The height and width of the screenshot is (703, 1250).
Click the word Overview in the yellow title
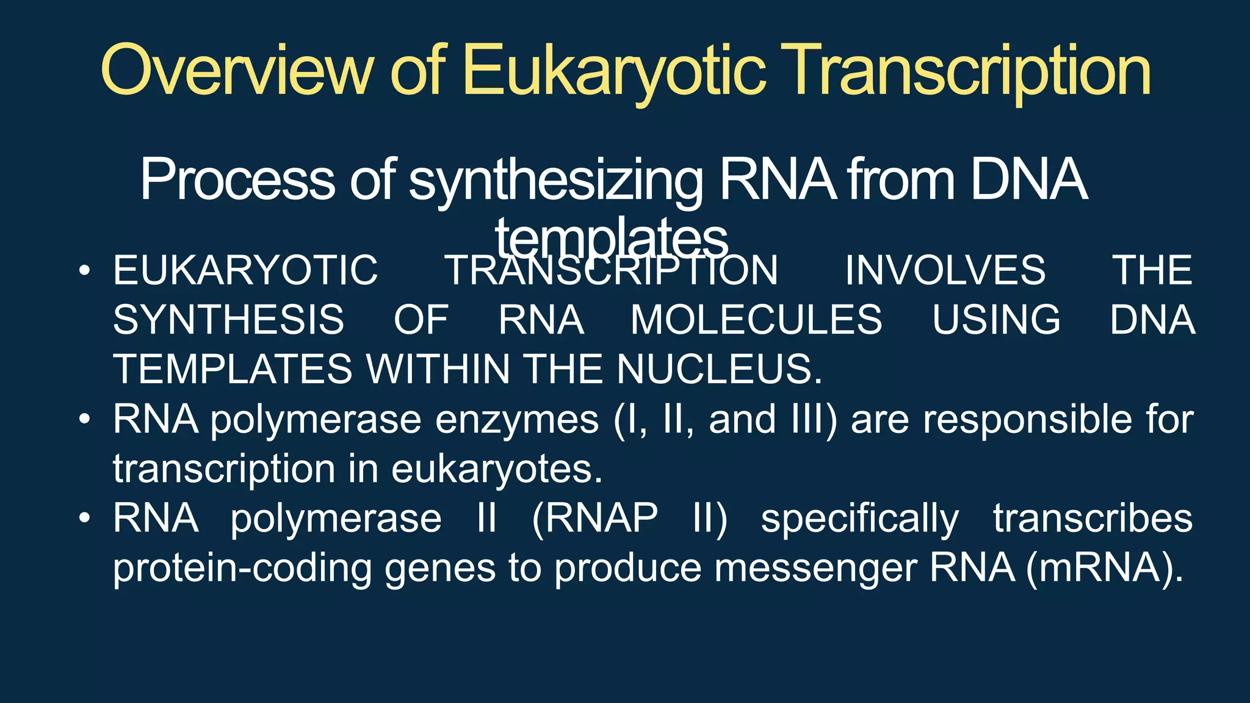(236, 71)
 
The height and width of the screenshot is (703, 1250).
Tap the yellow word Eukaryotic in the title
(613, 71)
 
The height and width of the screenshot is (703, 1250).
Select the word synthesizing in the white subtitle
(555, 181)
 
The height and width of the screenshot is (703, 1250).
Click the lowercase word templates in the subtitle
(612, 238)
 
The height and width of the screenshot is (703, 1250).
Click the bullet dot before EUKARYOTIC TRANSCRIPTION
(85, 270)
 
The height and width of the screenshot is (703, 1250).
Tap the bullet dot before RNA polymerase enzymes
(85, 419)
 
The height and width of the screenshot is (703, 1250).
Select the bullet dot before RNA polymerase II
(85, 518)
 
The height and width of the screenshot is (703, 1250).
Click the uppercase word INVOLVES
(945, 270)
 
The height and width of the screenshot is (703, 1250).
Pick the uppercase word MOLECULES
(756, 320)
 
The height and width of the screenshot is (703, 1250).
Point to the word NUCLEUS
(719, 370)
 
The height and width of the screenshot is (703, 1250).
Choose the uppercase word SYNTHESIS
(229, 320)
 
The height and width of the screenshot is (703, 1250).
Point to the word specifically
(860, 519)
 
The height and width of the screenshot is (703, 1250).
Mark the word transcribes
(1093, 519)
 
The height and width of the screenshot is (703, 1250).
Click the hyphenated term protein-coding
(242, 568)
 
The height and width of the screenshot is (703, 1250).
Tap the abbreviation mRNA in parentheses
(1105, 568)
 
